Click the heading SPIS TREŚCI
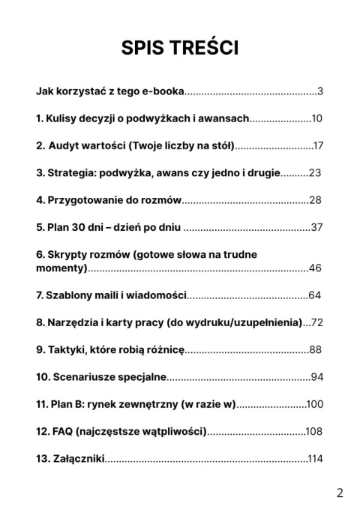coord(179,48)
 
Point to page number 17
coord(318,145)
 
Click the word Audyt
coord(68,145)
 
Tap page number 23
coord(314,172)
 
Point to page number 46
coord(315,268)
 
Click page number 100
coord(314,404)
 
